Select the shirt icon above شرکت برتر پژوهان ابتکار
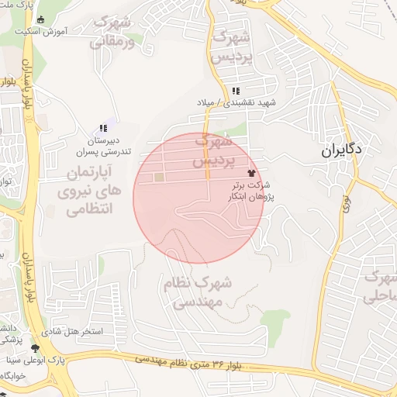click(x=250, y=173)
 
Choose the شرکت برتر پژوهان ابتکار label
click(x=250, y=192)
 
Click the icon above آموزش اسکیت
click(x=41, y=19)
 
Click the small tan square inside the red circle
click(x=159, y=178)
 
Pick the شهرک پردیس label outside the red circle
click(x=233, y=44)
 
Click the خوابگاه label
click(x=14, y=375)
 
